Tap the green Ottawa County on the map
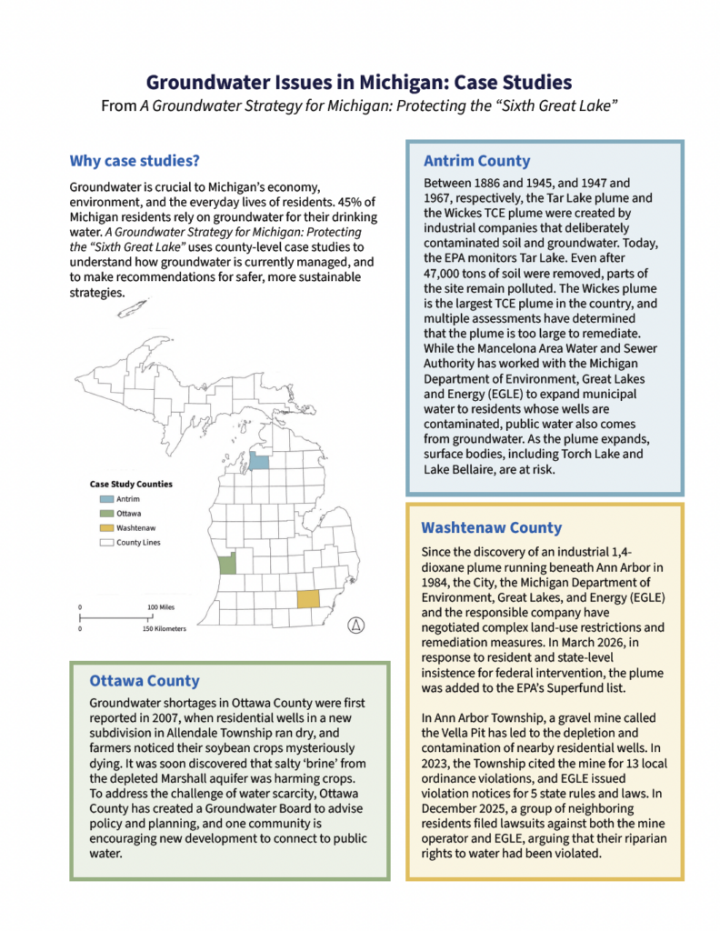[227, 563]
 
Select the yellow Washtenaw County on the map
[309, 600]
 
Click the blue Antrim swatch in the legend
[105, 499]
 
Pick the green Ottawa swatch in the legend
[105, 514]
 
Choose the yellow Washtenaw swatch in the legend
[105, 527]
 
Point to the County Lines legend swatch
[105, 542]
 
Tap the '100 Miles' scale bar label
[161, 606]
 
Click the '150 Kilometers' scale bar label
[164, 628]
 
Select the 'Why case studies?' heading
[135, 162]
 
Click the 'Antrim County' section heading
[476, 161]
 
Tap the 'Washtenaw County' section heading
[492, 527]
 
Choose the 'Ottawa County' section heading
[145, 680]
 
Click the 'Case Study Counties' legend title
[131, 485]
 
